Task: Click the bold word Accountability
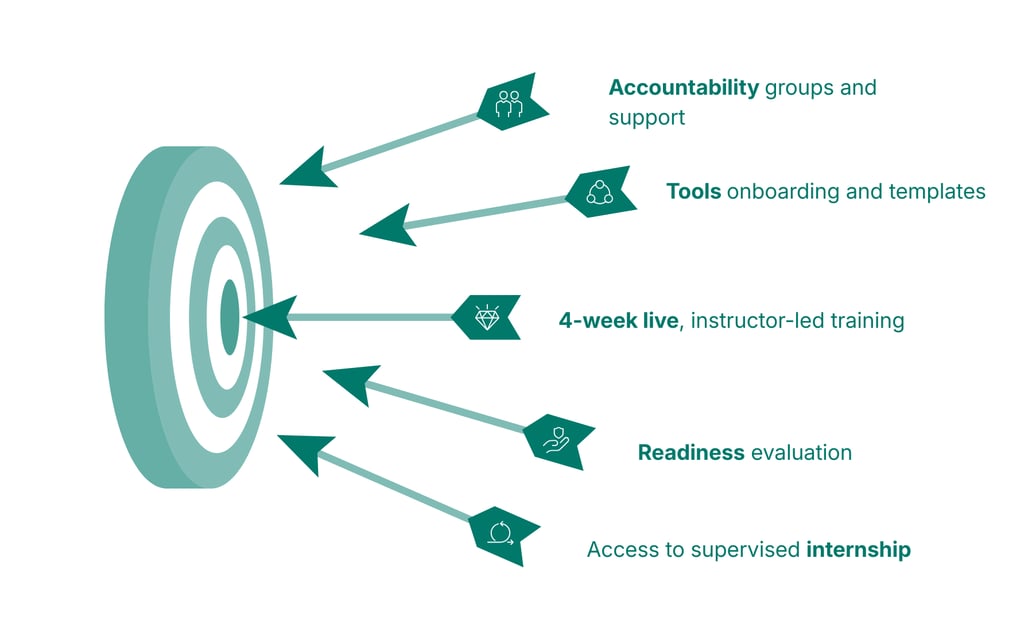click(x=684, y=87)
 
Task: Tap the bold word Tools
click(x=693, y=191)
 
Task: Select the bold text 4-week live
click(x=618, y=321)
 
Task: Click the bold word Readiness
click(x=691, y=452)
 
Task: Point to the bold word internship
click(x=858, y=549)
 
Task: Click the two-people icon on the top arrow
click(x=509, y=102)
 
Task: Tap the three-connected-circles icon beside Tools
click(x=598, y=191)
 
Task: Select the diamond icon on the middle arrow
click(x=486, y=317)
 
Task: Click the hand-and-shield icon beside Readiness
click(x=556, y=438)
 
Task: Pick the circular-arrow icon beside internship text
click(x=500, y=531)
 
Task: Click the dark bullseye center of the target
click(x=229, y=317)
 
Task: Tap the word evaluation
click(x=800, y=452)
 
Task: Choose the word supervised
click(x=752, y=549)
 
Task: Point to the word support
click(x=646, y=118)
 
